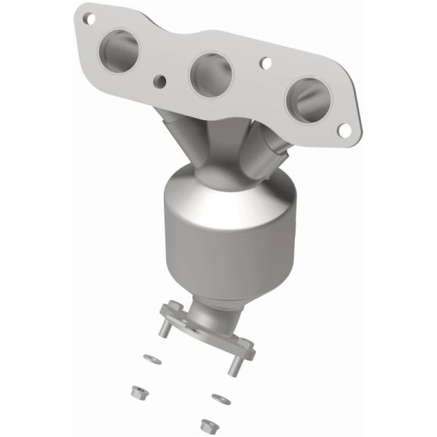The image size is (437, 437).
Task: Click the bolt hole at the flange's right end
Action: tap(345, 129)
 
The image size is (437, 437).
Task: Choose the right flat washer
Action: tap(219, 398)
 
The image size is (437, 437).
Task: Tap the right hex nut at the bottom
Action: tap(206, 424)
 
